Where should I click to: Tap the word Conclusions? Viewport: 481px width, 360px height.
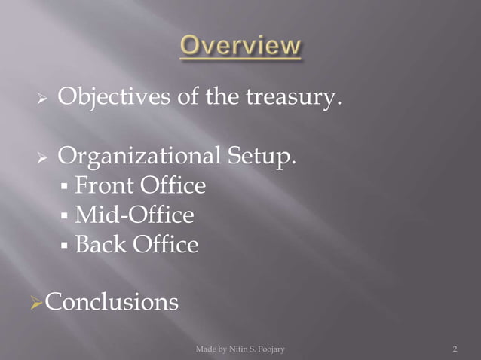[x=112, y=302]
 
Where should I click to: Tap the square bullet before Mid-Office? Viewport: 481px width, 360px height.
[x=66, y=217]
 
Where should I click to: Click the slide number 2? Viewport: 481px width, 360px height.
[x=455, y=349]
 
